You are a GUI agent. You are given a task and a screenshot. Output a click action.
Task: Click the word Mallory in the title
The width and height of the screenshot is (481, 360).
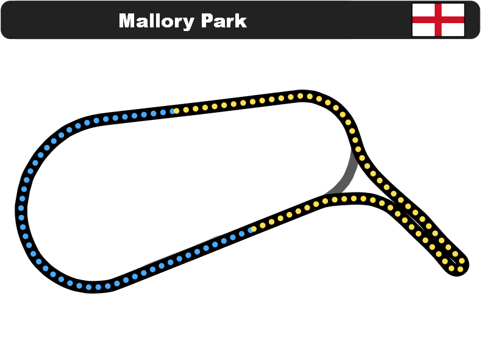157,21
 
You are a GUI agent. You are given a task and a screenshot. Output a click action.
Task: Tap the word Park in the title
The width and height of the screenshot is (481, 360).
224,21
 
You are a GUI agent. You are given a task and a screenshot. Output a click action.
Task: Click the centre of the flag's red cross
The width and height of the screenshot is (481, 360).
438,20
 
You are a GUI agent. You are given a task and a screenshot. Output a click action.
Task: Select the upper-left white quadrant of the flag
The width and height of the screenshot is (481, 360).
423,10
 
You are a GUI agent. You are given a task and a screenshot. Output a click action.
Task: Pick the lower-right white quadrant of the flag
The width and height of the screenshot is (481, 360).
453,30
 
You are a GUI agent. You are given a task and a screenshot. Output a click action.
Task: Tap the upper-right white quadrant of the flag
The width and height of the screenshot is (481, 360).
453,10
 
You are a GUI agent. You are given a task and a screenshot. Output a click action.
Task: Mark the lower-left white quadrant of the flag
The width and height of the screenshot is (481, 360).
423,30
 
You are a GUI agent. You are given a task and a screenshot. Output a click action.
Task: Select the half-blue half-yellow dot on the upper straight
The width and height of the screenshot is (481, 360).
173,111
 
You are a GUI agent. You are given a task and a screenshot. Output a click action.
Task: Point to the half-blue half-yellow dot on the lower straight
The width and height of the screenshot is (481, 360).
252,230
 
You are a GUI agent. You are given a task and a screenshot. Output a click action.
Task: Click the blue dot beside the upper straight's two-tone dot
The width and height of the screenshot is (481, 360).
163,113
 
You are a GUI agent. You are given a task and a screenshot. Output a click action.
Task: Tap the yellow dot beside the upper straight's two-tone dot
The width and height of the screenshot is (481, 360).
186,110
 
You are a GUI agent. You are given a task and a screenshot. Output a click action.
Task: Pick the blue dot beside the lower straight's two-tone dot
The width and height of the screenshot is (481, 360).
242,234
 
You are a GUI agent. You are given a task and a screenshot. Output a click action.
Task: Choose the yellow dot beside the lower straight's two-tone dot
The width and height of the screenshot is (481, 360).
263,225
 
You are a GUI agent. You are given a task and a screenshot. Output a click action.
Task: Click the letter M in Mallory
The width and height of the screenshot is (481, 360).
127,21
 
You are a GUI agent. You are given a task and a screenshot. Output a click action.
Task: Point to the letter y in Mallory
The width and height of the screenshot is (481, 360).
188,24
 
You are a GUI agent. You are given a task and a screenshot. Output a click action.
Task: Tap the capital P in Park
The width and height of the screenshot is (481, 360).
207,21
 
